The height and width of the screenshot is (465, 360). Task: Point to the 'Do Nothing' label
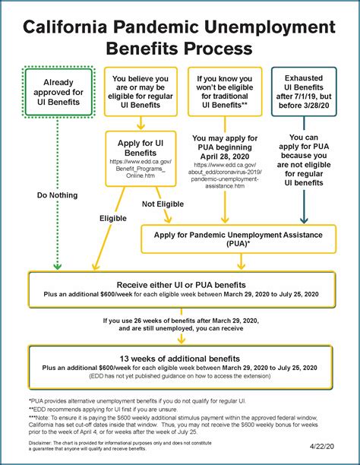click(x=58, y=195)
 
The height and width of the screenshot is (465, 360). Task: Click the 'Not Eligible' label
click(x=163, y=204)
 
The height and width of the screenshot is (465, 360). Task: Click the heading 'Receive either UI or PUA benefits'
click(x=180, y=284)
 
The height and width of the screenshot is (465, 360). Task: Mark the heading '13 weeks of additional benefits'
click(x=180, y=358)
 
